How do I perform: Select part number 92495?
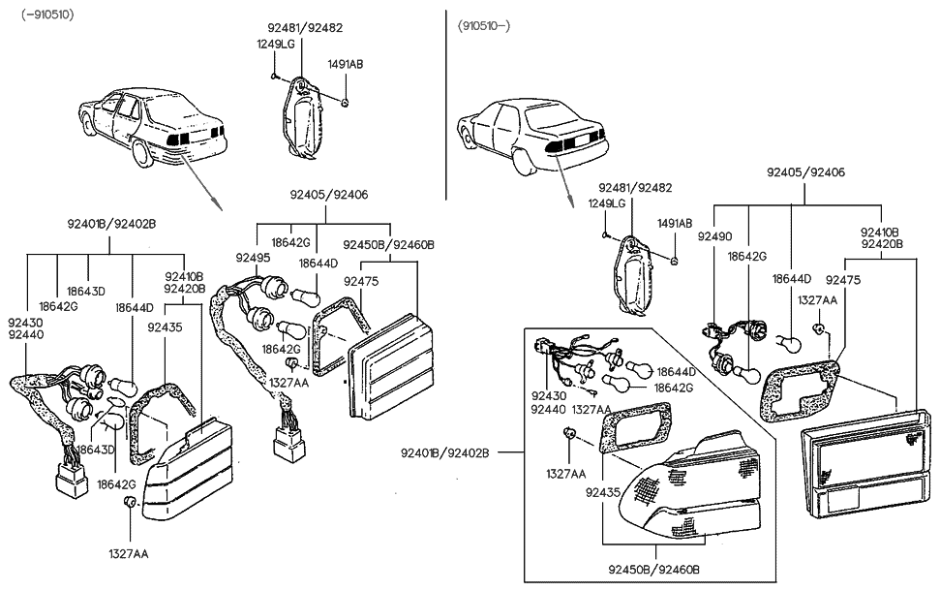pos(252,258)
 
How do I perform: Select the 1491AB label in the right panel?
pos(675,224)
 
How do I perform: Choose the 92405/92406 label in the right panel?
pos(805,171)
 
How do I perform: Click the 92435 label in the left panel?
pos(165,327)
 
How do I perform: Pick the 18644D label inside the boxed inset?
pos(675,371)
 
